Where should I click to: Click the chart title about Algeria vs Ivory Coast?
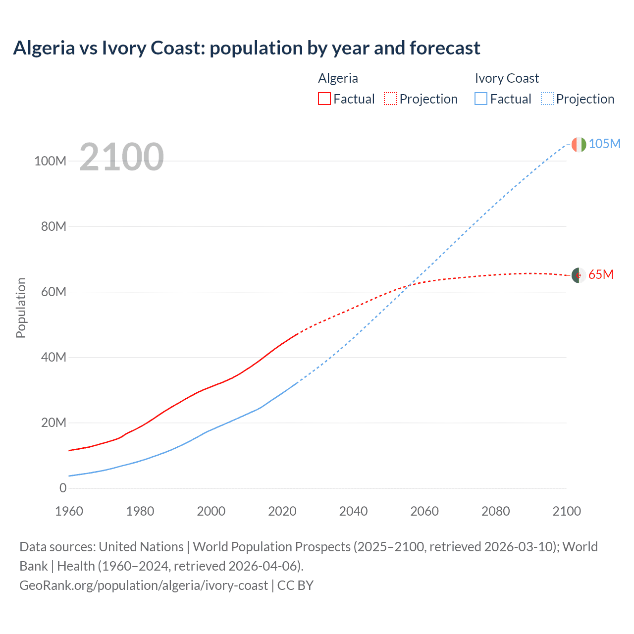(x=246, y=48)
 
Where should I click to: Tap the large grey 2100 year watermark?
(x=121, y=157)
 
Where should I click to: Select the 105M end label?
(x=604, y=144)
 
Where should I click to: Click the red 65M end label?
(x=601, y=274)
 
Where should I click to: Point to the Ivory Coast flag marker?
(x=579, y=145)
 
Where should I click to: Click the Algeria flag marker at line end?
(x=579, y=275)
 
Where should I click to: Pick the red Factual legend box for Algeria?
(x=324, y=99)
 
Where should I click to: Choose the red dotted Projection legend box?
(x=390, y=99)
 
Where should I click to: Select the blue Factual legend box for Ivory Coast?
(x=480, y=99)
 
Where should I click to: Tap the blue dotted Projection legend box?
(x=547, y=99)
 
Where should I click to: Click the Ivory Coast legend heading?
(x=506, y=78)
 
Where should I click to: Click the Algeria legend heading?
(x=338, y=78)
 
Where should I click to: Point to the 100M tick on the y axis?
(x=50, y=161)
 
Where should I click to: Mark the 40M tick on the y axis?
(x=53, y=357)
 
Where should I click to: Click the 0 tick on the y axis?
(x=62, y=488)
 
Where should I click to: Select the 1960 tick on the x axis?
(x=69, y=511)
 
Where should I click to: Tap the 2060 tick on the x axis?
(x=424, y=511)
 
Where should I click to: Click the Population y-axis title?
(x=21, y=308)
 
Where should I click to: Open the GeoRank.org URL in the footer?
(x=144, y=585)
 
